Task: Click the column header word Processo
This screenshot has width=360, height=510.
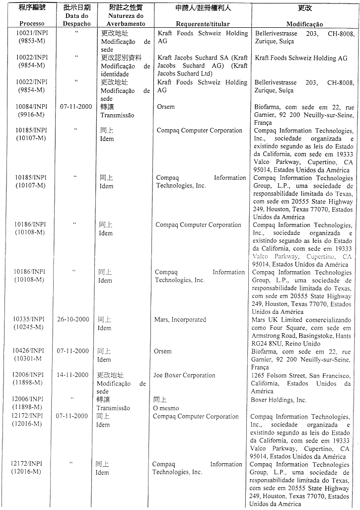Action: click(32, 23)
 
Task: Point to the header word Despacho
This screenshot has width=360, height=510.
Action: click(77, 23)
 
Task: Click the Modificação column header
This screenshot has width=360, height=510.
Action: click(304, 24)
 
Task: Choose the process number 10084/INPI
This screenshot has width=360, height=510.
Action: click(31, 106)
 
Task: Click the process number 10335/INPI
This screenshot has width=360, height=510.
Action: click(30, 319)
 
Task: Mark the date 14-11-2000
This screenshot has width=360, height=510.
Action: click(72, 375)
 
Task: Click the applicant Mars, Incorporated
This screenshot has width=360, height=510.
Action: click(180, 320)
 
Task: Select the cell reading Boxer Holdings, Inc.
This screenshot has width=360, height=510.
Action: click(279, 400)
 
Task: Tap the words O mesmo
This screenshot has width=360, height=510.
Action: click(165, 408)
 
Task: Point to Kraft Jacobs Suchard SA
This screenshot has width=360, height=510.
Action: click(194, 58)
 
